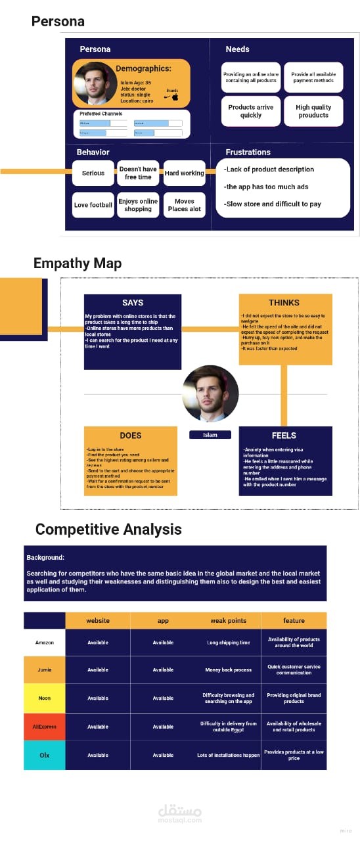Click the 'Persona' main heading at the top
point(58,22)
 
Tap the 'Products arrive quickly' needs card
point(250,111)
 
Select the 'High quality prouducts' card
point(313,111)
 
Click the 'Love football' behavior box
point(93,205)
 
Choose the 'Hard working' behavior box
point(184,173)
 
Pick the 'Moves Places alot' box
point(184,205)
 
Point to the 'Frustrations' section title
point(248,152)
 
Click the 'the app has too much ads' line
point(266,187)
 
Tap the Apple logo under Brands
point(175,97)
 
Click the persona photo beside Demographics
point(95,83)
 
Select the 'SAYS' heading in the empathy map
point(133,303)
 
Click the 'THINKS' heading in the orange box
point(284,303)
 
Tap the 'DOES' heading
point(131,435)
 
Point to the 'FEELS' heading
point(284,435)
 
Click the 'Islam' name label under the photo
point(210,435)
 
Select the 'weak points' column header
point(228,620)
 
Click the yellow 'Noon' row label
point(44,698)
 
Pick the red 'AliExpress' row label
point(44,727)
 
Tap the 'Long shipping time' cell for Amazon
point(228,643)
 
